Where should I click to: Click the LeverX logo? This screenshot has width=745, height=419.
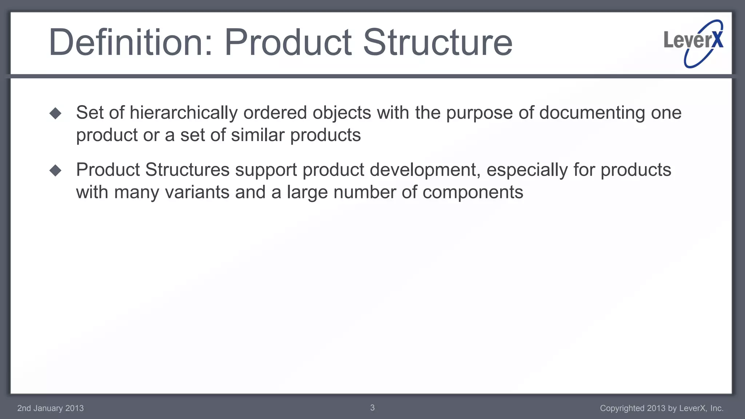pyautogui.click(x=694, y=43)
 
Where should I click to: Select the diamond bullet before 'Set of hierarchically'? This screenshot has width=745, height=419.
pyautogui.click(x=55, y=113)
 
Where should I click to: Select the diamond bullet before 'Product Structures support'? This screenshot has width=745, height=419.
pyautogui.click(x=55, y=170)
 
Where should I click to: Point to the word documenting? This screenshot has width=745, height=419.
pyautogui.click(x=592, y=113)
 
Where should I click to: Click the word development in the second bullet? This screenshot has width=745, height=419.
pyautogui.click(x=425, y=170)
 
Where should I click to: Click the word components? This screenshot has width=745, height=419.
pyautogui.click(x=473, y=192)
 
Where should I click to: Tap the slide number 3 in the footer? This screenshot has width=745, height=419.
pyautogui.click(x=372, y=408)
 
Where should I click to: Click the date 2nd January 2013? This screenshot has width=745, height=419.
pyautogui.click(x=51, y=408)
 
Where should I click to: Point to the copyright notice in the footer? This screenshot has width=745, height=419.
pyautogui.click(x=661, y=408)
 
